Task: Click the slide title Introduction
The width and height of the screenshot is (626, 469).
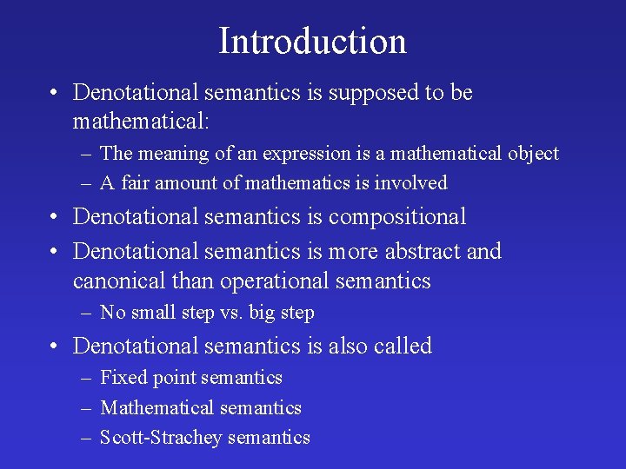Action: coord(312,41)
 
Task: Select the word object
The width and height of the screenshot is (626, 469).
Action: coord(531,154)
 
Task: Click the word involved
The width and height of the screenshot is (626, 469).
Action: coord(415,182)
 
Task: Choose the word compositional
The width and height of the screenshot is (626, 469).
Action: coord(397,216)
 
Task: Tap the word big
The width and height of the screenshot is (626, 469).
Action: coord(263,313)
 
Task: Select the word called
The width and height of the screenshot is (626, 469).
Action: coord(402,346)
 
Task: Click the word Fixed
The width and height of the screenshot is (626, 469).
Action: coord(123,377)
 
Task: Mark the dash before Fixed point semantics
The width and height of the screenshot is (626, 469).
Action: coord(87,378)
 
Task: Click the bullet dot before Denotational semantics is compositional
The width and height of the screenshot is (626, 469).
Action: coord(55,217)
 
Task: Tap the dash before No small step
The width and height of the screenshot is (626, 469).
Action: coord(87,313)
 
